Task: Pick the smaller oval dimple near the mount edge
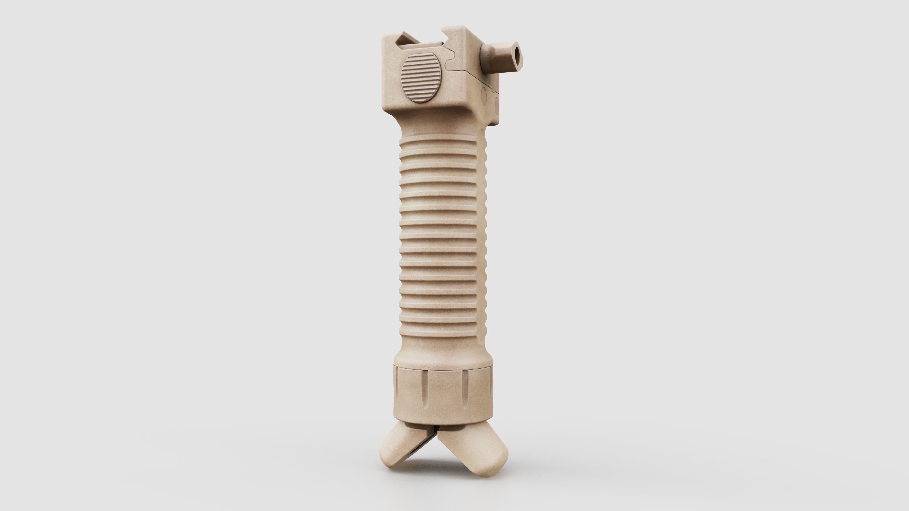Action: point(498,104)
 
